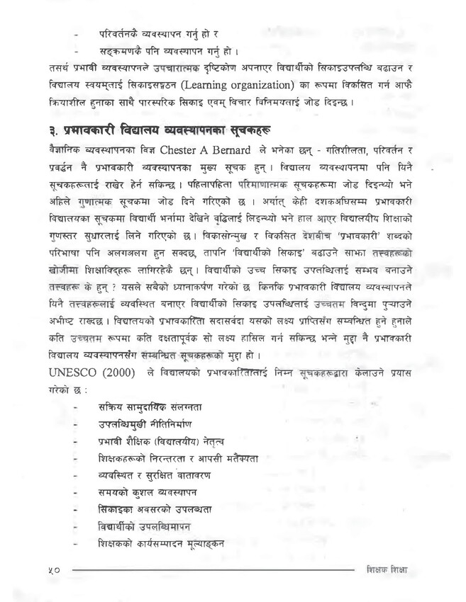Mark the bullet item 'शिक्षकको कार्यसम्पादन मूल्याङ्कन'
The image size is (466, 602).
162,543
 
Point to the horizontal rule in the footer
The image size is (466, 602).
213,569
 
